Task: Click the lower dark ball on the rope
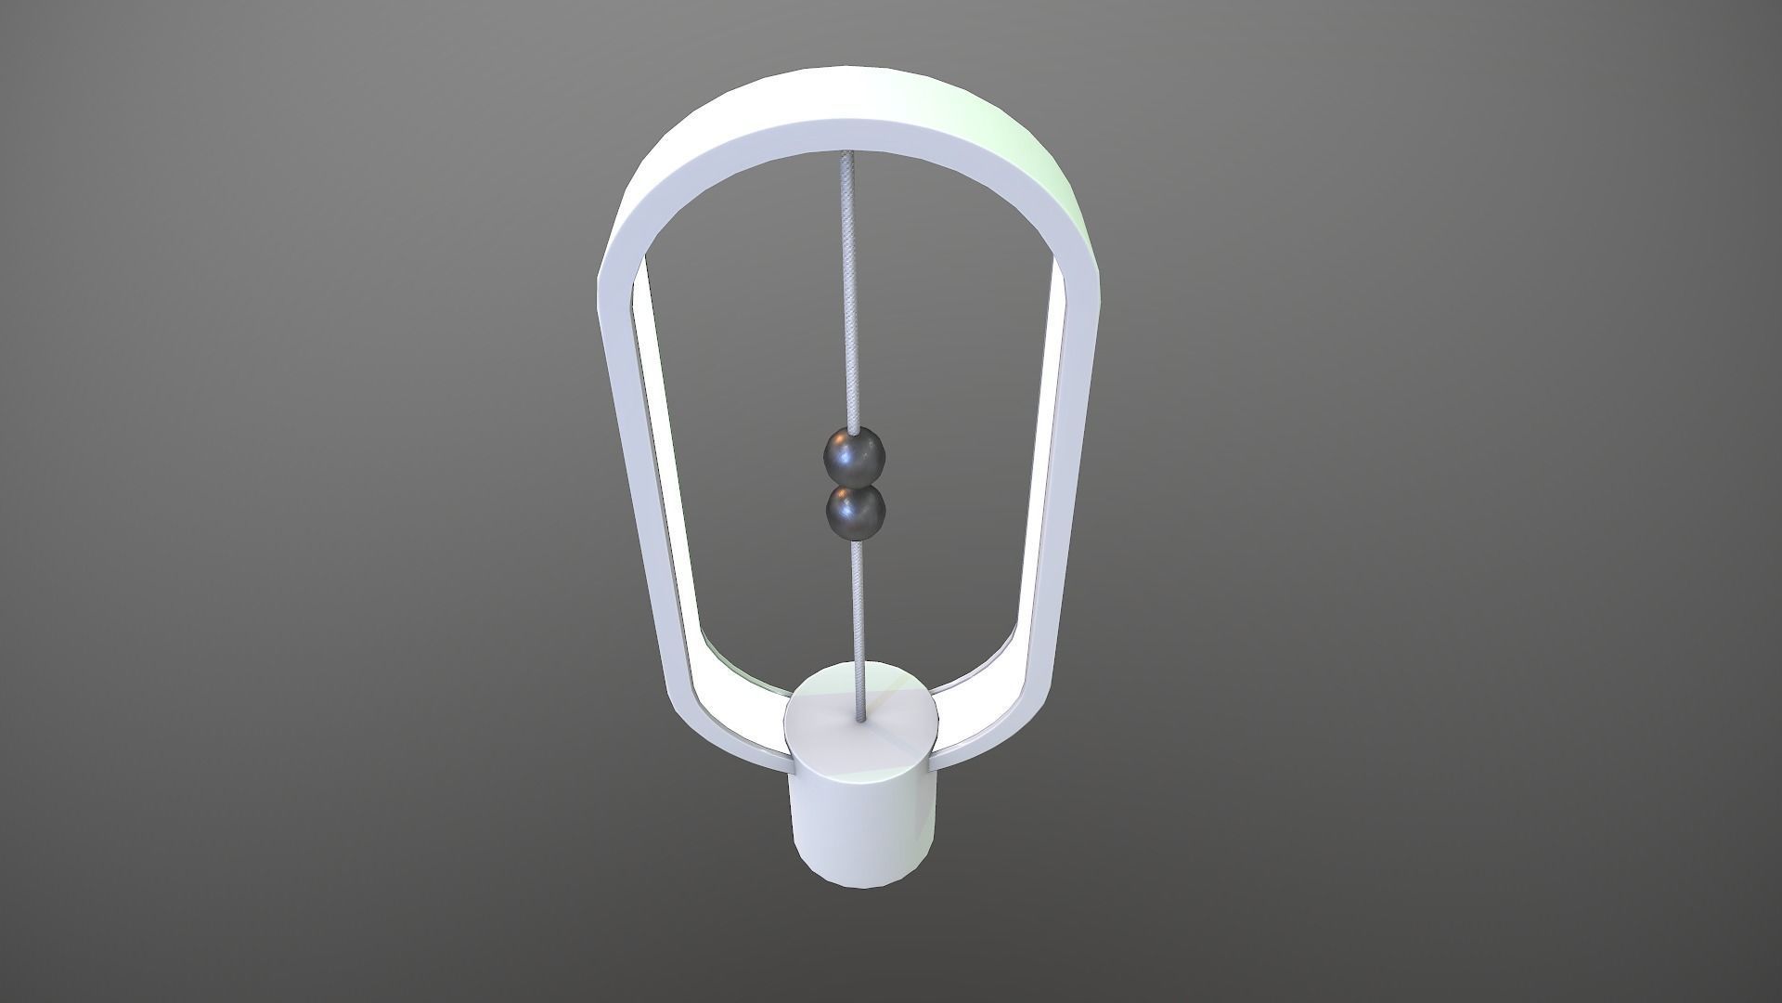[x=856, y=511]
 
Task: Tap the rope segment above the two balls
[x=848, y=297]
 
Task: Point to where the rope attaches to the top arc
[x=846, y=155]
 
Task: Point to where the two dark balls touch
[x=856, y=485]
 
